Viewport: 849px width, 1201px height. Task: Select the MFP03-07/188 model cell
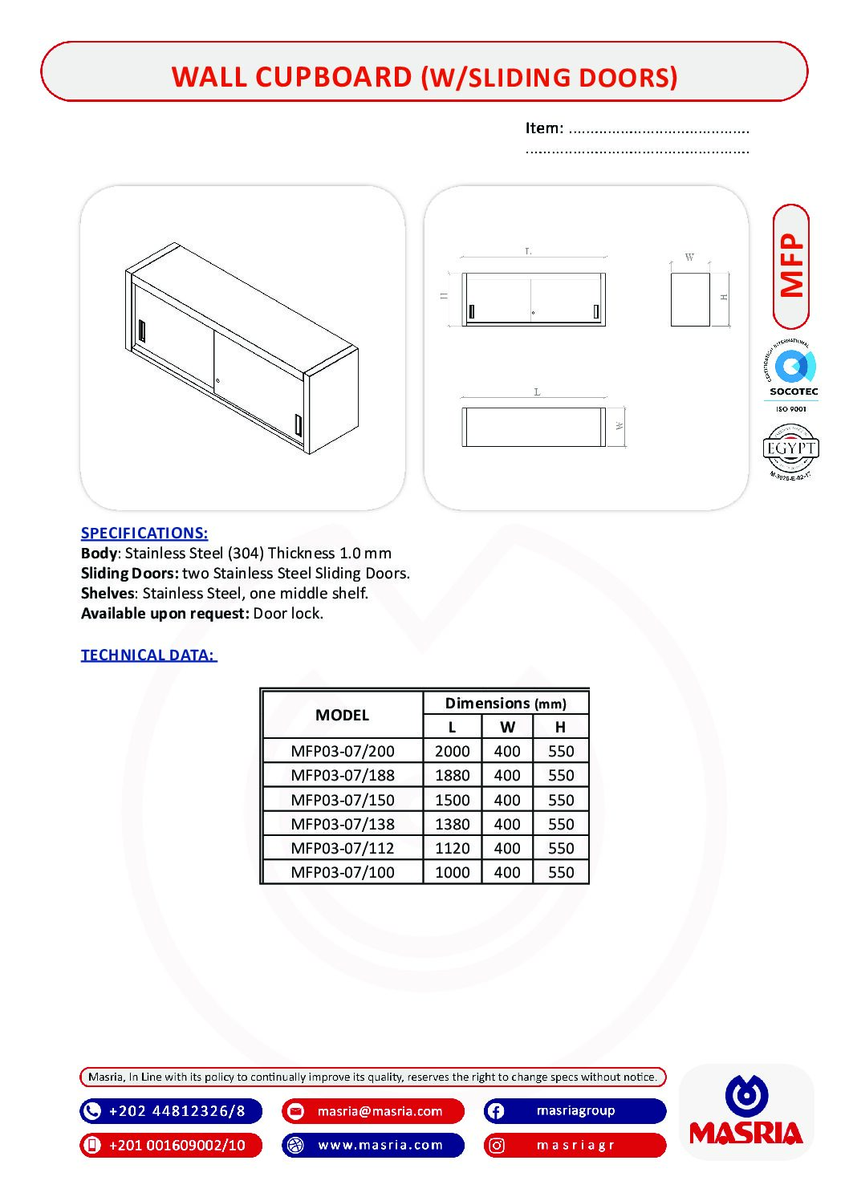click(343, 775)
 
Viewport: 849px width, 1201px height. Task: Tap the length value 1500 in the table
click(452, 800)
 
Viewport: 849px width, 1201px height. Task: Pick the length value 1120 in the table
click(452, 848)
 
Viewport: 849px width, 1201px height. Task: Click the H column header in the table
click(560, 727)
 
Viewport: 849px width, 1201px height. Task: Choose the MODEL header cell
click(343, 715)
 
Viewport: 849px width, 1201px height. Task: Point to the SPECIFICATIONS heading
click(144, 533)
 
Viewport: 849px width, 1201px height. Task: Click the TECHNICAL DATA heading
click(148, 655)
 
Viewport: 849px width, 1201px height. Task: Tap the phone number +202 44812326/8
click(177, 1111)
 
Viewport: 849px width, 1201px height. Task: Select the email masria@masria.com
click(380, 1111)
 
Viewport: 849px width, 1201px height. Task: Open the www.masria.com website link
click(380, 1145)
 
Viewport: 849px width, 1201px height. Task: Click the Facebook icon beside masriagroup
click(496, 1111)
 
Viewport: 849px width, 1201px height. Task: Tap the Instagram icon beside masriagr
click(497, 1146)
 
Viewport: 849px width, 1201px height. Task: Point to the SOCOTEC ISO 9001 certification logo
click(791, 375)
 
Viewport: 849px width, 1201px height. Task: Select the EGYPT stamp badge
click(791, 449)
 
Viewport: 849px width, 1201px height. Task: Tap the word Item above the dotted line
click(544, 128)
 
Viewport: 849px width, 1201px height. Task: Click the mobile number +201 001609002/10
click(177, 1145)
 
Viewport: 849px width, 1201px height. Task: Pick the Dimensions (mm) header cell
click(506, 704)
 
